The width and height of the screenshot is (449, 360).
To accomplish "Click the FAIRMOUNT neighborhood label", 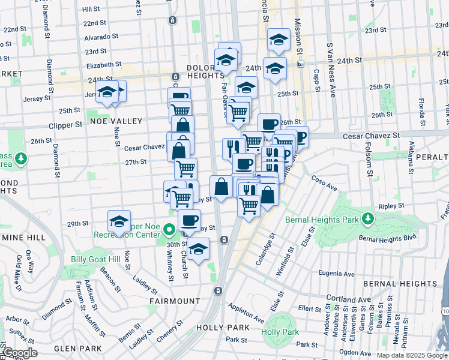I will click(x=175, y=300).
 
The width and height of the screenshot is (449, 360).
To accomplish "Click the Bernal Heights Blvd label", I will click(x=387, y=238).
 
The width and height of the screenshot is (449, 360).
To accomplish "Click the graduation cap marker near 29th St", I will click(x=119, y=221).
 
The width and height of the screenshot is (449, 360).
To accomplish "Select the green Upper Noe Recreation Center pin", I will click(x=169, y=229).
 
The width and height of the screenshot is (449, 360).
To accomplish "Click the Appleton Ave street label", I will click(x=246, y=313).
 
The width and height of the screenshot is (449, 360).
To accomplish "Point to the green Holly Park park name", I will click(x=280, y=332).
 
